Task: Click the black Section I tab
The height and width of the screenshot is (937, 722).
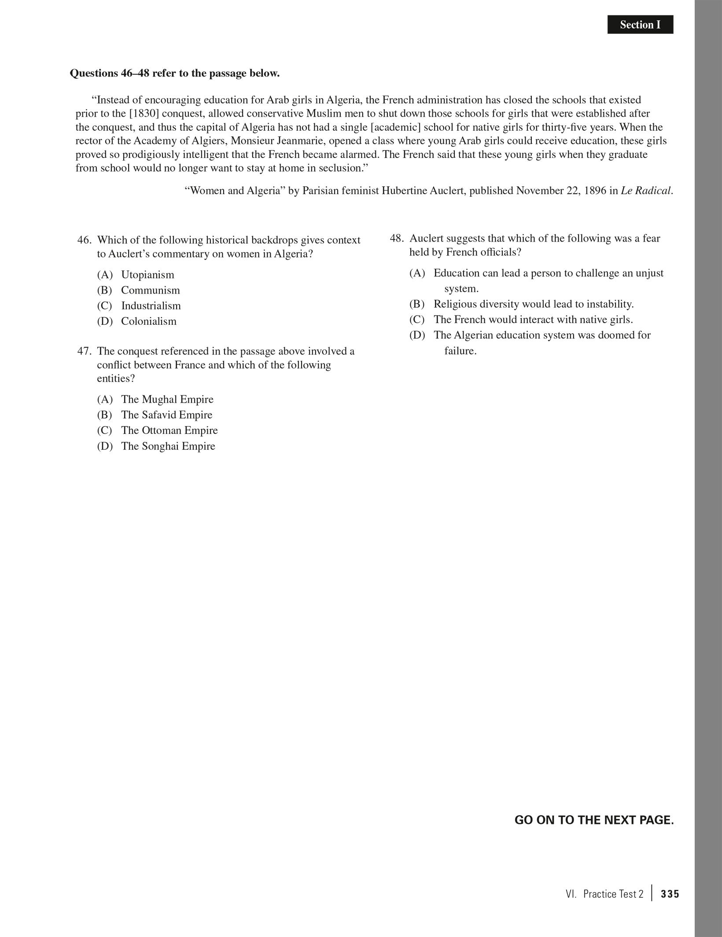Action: pyautogui.click(x=640, y=25)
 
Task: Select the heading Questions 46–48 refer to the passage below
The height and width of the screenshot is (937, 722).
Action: pyautogui.click(x=175, y=73)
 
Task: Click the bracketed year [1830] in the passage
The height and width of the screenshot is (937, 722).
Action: pyautogui.click(x=144, y=114)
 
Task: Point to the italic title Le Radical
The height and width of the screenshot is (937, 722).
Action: pyautogui.click(x=646, y=191)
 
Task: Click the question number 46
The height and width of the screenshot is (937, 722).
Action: pyautogui.click(x=84, y=240)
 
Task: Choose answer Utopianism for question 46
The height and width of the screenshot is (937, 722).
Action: pyautogui.click(x=147, y=275)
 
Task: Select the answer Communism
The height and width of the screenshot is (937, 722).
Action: pyautogui.click(x=150, y=290)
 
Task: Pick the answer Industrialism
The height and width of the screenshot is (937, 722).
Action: pyautogui.click(x=151, y=305)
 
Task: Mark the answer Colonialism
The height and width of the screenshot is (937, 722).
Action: pyautogui.click(x=148, y=321)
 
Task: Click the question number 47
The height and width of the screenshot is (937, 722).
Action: pyautogui.click(x=84, y=351)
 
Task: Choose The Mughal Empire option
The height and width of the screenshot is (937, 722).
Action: pyautogui.click(x=167, y=399)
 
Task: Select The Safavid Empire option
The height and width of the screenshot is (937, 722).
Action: pyautogui.click(x=166, y=415)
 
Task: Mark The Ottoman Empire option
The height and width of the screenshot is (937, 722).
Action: pyautogui.click(x=169, y=430)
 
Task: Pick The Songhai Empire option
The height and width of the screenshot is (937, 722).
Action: pyautogui.click(x=168, y=446)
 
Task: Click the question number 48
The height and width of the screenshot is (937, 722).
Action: pyautogui.click(x=397, y=239)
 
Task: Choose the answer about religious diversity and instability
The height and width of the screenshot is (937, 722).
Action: pyautogui.click(x=533, y=304)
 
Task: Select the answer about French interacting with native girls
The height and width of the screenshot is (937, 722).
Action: pyautogui.click(x=533, y=320)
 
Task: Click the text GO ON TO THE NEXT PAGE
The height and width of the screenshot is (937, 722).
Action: pyautogui.click(x=594, y=820)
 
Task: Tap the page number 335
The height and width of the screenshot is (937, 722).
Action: pyautogui.click(x=670, y=894)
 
